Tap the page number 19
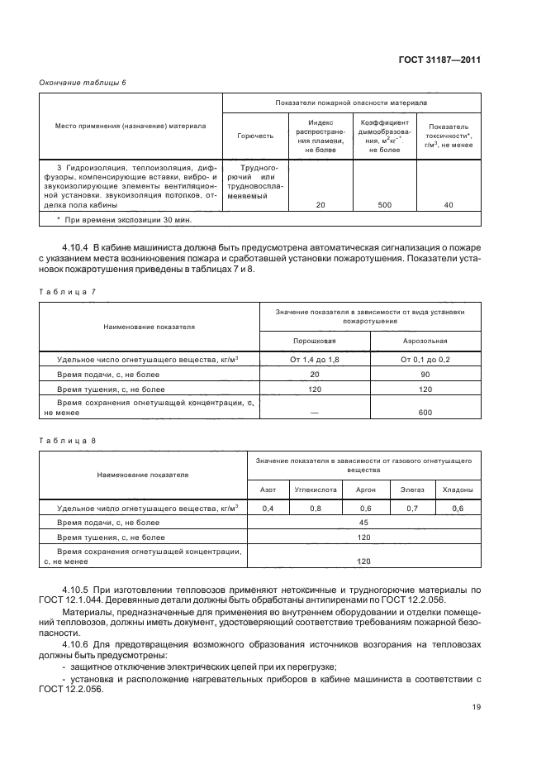click(x=477, y=706)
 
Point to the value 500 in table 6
click(x=384, y=204)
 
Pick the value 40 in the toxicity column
click(x=449, y=204)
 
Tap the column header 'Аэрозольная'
click(x=425, y=341)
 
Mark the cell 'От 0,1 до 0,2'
click(x=425, y=360)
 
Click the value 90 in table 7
click(x=425, y=374)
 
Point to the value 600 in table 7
click(x=425, y=413)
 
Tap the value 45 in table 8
click(x=363, y=522)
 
